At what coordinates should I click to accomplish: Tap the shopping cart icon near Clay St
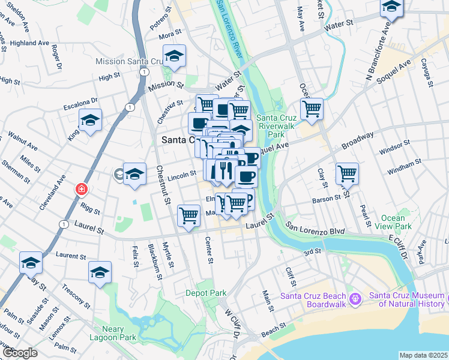click(347, 173)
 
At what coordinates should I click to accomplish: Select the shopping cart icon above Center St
click(189, 215)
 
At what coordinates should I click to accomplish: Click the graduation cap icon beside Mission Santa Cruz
click(174, 56)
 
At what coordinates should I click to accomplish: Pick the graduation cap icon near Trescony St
click(100, 272)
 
